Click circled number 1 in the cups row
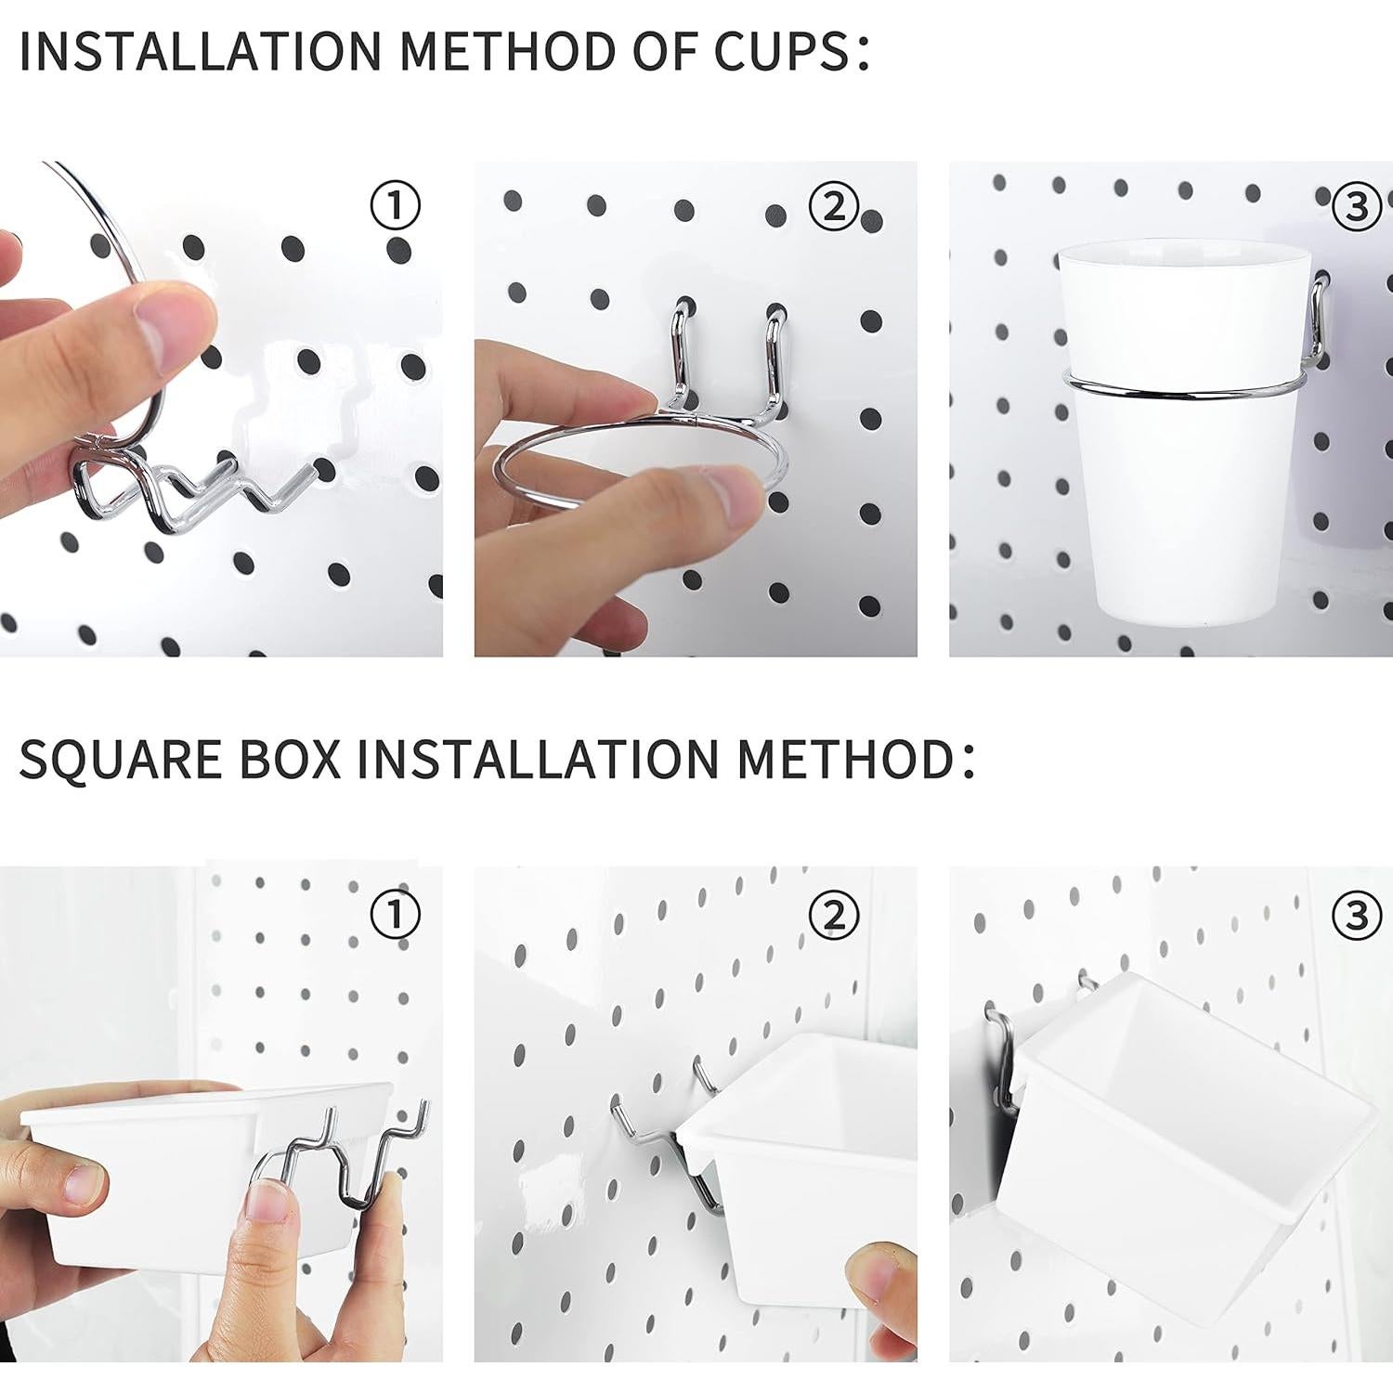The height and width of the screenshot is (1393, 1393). point(396,205)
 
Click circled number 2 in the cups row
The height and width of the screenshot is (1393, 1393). point(833,205)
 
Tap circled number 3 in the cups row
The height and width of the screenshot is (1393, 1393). point(1356,205)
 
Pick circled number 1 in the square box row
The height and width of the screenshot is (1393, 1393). point(396,916)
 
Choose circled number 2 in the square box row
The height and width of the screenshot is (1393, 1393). point(833,916)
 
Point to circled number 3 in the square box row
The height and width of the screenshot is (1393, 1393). point(1356,916)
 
